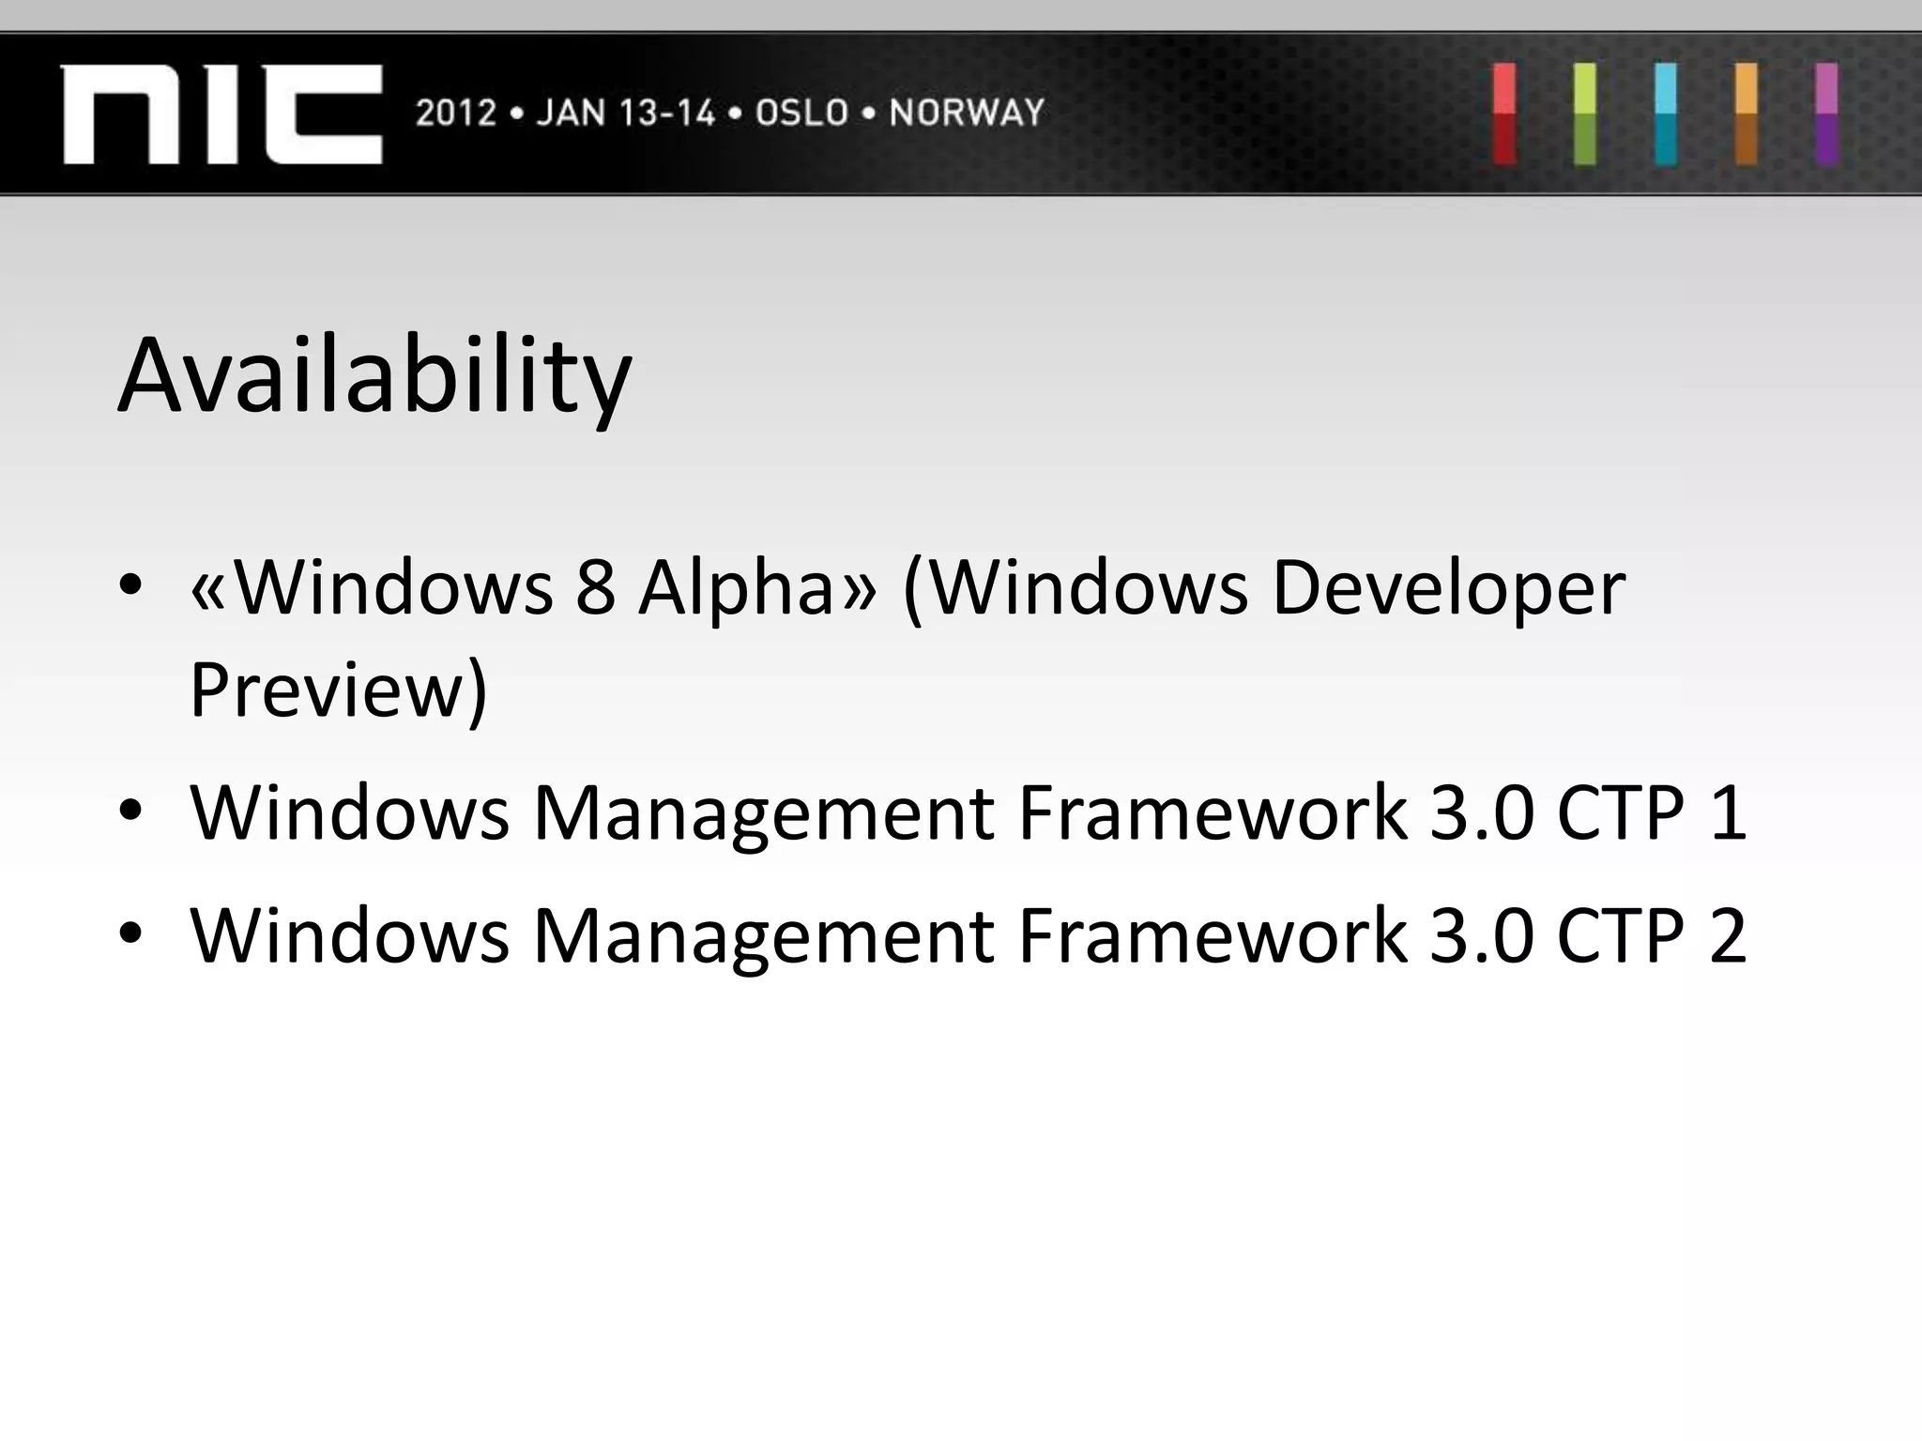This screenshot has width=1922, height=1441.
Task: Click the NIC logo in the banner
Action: point(221,114)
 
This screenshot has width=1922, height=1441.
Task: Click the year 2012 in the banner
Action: point(455,114)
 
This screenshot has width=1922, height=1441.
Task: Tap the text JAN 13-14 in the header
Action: point(625,114)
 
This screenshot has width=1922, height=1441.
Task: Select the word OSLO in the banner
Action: point(801,114)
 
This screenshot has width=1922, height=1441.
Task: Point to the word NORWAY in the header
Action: point(967,114)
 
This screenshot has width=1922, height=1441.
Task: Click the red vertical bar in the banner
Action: point(1504,114)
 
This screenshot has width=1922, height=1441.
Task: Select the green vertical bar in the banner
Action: point(1585,114)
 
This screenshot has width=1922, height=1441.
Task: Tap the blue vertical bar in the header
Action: point(1666,114)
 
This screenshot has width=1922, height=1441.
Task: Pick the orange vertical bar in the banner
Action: point(1747,114)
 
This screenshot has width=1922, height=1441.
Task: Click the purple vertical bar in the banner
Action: point(1826,114)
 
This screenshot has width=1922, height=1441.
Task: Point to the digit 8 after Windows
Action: point(595,588)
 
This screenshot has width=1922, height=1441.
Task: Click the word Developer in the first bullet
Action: point(1447,588)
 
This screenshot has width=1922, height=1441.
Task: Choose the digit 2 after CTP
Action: point(1728,936)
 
